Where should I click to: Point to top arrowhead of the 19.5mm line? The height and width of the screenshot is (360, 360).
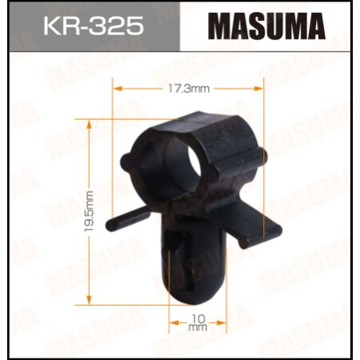coord(90,122)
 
